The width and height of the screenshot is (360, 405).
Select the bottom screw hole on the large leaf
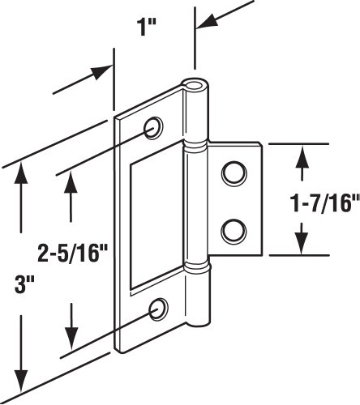click(x=160, y=307)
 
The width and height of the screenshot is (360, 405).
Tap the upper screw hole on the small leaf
click(x=234, y=172)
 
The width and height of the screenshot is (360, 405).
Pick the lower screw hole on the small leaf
click(x=234, y=230)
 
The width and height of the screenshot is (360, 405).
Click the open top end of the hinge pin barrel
click(x=195, y=85)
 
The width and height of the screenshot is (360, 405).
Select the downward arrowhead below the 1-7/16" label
click(x=302, y=244)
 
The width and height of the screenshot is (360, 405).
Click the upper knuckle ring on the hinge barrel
click(x=195, y=147)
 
